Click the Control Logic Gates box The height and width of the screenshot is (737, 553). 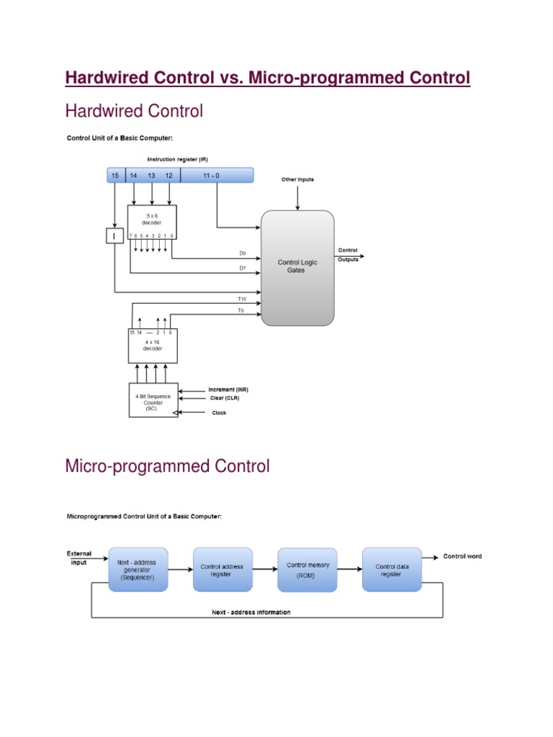297,267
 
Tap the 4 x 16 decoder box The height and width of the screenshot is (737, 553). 152,346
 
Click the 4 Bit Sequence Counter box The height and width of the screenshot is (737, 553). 152,400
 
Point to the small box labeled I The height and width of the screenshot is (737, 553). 115,235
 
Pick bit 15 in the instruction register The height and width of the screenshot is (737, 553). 115,176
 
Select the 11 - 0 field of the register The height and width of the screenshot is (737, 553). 216,176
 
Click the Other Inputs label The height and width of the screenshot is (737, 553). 297,180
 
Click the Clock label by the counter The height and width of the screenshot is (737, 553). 219,413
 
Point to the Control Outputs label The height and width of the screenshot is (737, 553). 348,255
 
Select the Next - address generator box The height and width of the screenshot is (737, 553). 137,569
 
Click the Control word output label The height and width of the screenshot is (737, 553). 462,556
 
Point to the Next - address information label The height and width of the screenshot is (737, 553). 251,612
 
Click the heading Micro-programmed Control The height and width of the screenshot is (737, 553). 167,466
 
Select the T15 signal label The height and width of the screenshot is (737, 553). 242,299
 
